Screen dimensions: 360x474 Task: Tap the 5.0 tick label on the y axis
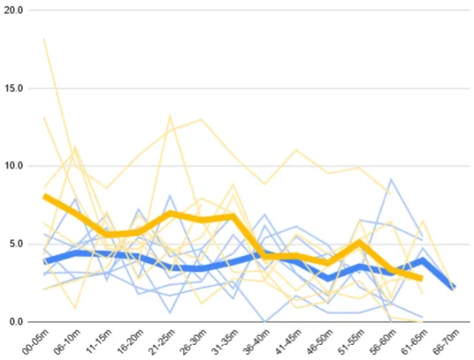tap(16, 243)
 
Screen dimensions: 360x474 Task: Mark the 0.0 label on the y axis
tap(16, 322)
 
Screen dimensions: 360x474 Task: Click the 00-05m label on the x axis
tap(33, 342)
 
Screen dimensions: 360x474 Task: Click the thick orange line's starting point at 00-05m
tap(44, 196)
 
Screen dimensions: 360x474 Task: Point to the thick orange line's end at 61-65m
tap(421, 278)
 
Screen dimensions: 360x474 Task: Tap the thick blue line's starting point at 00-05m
tap(44, 261)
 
